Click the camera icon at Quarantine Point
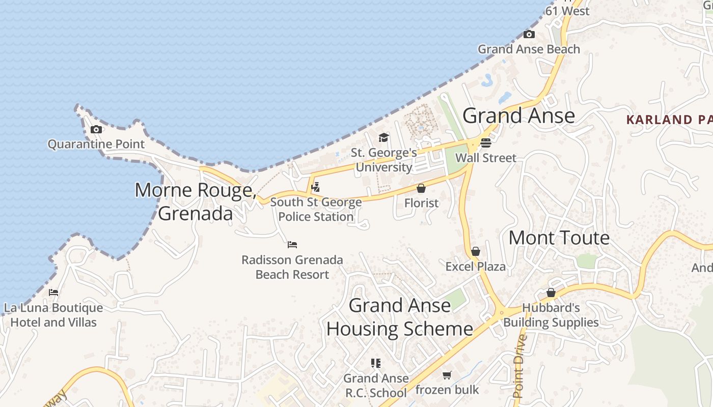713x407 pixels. [96, 130]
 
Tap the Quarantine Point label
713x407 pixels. [96, 144]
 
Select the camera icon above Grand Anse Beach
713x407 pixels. [529, 35]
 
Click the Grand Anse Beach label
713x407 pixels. [529, 49]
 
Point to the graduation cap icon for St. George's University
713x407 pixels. [383, 138]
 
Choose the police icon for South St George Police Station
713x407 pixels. [316, 187]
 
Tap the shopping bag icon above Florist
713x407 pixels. [421, 189]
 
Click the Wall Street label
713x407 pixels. [486, 158]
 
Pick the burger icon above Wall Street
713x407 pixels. [486, 143]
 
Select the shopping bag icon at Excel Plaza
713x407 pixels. [476, 251]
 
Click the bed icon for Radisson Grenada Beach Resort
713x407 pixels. [292, 245]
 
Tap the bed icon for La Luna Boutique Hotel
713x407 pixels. [53, 293]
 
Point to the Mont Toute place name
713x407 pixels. [559, 238]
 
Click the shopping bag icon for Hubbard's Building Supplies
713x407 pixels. [551, 293]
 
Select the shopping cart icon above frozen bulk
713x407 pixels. [447, 375]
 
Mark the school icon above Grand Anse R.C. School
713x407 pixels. [376, 363]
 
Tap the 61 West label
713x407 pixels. [567, 11]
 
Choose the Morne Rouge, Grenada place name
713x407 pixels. [196, 201]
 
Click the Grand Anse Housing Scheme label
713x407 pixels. [400, 317]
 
